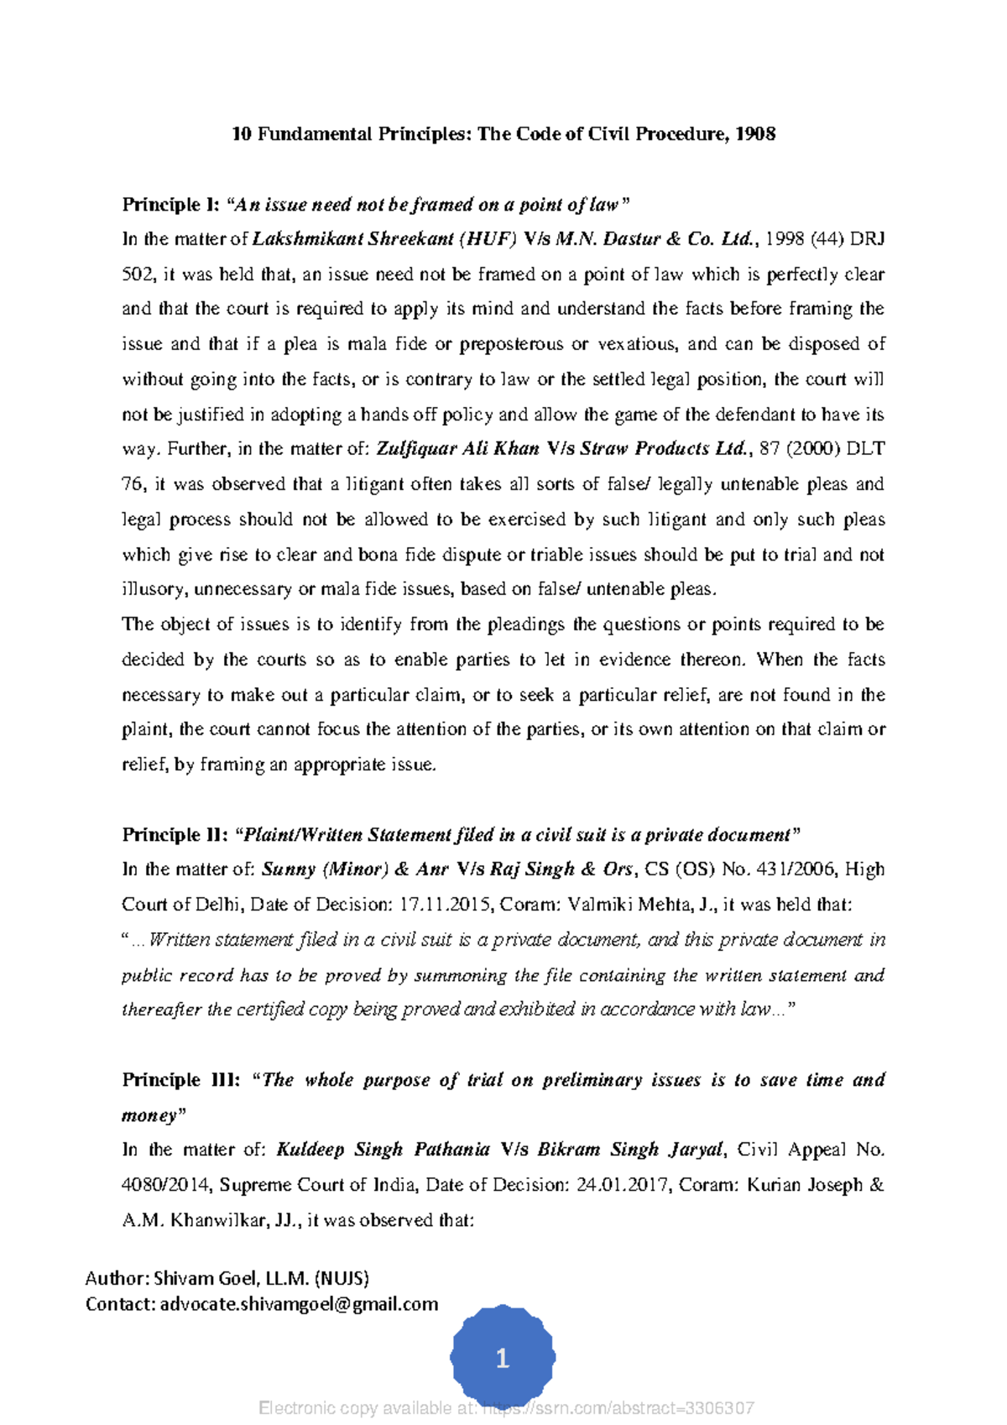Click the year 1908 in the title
pyautogui.click(x=755, y=134)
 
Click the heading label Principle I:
pyautogui.click(x=171, y=205)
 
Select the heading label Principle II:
pyautogui.click(x=175, y=835)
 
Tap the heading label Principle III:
pyautogui.click(x=181, y=1080)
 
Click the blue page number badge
pyautogui.click(x=503, y=1358)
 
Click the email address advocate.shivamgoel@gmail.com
pyautogui.click(x=299, y=1304)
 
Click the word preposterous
pyautogui.click(x=511, y=344)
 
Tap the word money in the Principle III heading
pyautogui.click(x=149, y=1116)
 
